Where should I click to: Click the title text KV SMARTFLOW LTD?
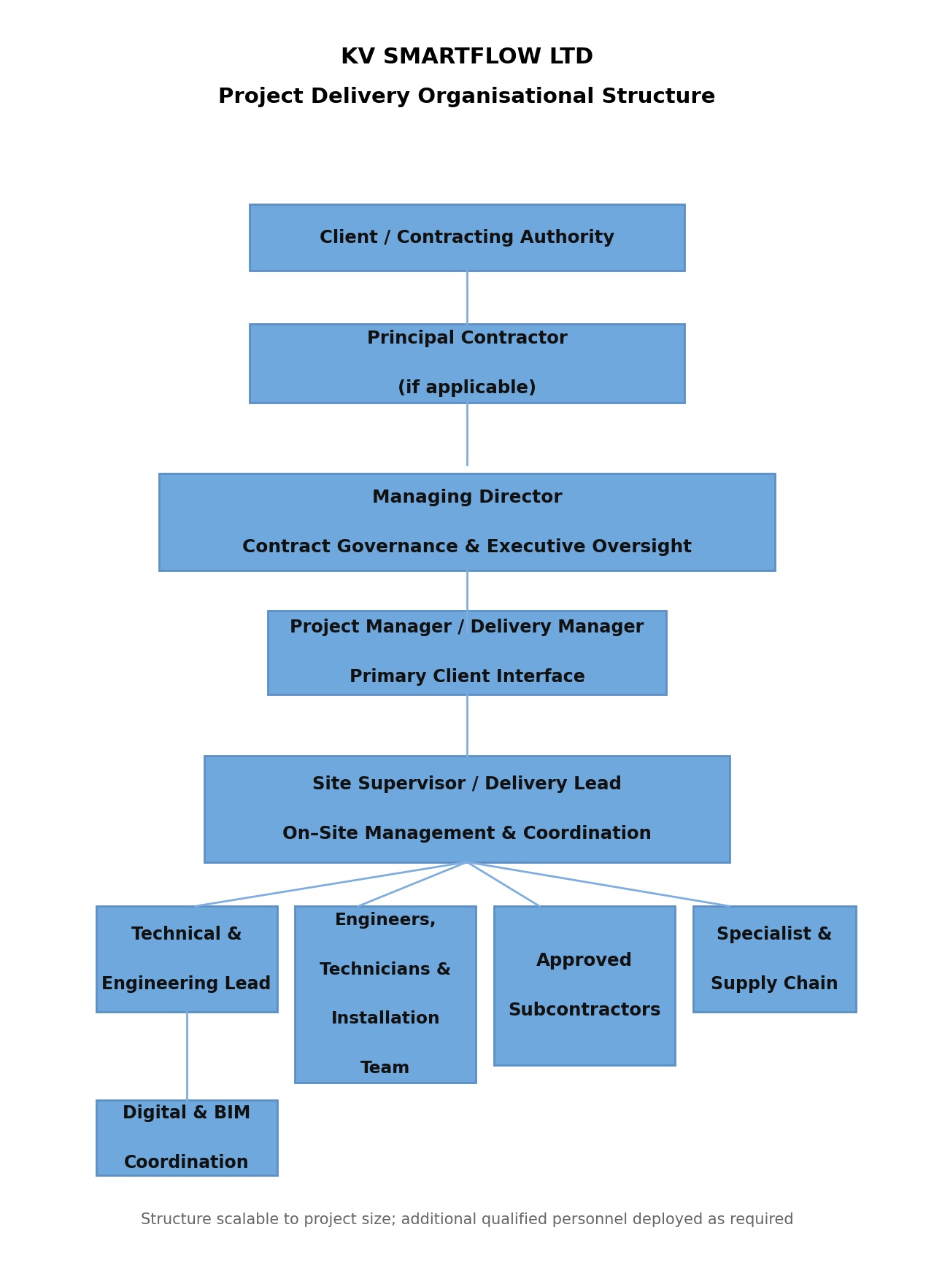466,57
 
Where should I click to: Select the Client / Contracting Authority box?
466,238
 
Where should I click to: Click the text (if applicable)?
466,388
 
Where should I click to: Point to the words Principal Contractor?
466,339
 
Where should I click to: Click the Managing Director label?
466,498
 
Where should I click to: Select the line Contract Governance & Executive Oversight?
466,547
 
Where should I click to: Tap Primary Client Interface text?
466,677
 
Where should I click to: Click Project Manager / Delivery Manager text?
466,627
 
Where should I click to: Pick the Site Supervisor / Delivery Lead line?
466,784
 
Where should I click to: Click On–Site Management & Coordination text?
466,834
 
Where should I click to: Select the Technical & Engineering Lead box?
186,959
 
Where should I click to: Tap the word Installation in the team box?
385,1018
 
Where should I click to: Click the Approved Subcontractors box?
584,986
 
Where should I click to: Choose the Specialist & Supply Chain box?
773,959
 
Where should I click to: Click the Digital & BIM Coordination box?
186,1138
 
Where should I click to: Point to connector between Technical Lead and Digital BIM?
187,1056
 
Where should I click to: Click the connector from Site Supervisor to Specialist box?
598,884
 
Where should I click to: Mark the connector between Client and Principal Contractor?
467,297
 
